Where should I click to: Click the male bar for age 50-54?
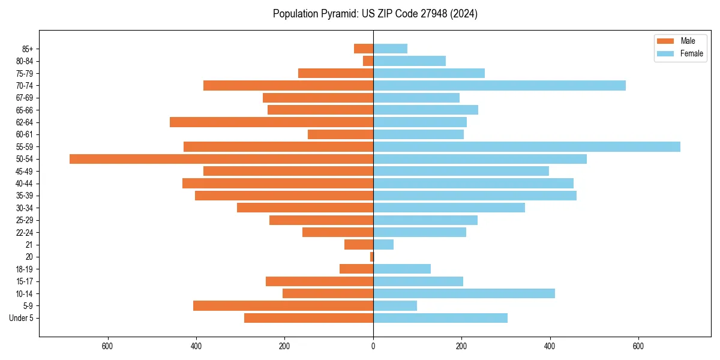coord(221,159)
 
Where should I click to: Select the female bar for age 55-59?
coord(527,146)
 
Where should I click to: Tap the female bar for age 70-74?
coord(499,85)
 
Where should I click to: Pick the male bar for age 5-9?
coord(283,305)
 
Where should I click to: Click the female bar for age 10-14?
coord(464,293)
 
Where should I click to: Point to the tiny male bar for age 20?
coord(371,257)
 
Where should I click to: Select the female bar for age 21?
coord(383,244)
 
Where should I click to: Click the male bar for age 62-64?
coord(271,122)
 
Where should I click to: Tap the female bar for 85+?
coord(390,49)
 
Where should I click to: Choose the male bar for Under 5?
coord(308,318)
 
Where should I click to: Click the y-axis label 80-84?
coord(25,61)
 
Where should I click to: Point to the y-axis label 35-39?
coord(25,196)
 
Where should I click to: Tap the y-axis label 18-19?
coord(25,269)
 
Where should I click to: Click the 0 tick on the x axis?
coord(373,346)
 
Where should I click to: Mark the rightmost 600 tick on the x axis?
coord(638,346)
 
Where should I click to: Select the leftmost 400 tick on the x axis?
coord(196,346)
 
